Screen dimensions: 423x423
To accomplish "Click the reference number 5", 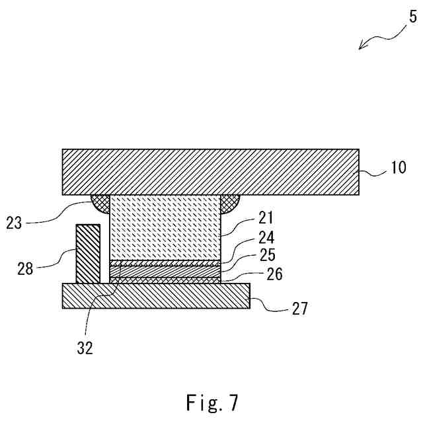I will pyautogui.click(x=412, y=15).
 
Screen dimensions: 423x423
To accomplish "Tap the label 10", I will pyautogui.click(x=399, y=168).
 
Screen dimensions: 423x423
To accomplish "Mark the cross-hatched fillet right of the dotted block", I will pyautogui.click(x=229, y=203).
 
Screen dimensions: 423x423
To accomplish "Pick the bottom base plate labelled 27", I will pyautogui.click(x=155, y=296).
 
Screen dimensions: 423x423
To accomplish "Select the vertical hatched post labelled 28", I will pyautogui.click(x=89, y=254).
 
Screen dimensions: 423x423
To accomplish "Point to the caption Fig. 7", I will pyautogui.click(x=211, y=402).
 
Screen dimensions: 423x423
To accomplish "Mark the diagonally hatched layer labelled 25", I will pyautogui.click(x=164, y=271).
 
